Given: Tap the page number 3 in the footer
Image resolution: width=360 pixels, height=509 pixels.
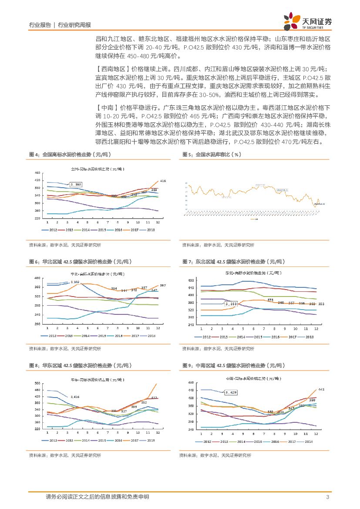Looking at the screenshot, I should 327,497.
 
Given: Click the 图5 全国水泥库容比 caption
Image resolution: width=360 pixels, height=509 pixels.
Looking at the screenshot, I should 212,155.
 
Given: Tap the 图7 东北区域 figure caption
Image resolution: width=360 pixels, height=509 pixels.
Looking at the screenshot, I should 233,262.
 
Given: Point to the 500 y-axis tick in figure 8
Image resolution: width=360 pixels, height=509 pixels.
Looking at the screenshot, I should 37,383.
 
